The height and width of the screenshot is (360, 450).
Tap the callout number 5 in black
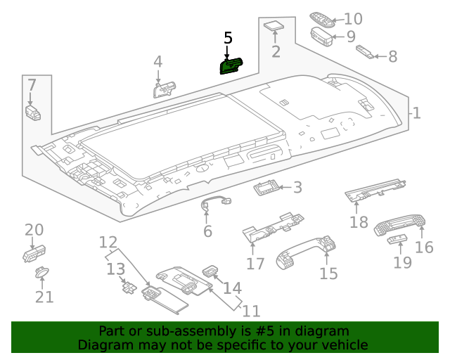pos(228,38)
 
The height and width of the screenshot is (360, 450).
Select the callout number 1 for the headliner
pos(416,113)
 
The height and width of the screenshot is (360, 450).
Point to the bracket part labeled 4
pos(165,89)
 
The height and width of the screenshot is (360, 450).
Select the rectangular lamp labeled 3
pos(267,187)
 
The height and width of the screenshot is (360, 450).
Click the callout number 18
pos(359,222)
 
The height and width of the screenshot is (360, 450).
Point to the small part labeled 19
pos(397,241)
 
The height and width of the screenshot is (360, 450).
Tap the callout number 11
pos(251,310)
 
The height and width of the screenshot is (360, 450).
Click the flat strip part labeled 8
pos(366,51)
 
